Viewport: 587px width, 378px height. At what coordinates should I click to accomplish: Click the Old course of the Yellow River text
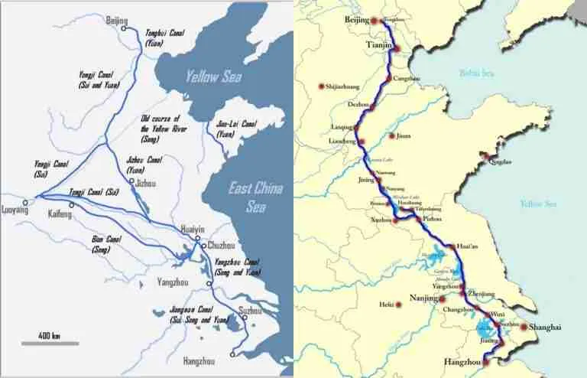[x=162, y=129]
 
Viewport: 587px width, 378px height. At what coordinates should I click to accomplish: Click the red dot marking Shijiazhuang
[x=321, y=87]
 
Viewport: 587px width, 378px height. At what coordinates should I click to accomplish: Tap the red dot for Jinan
[x=392, y=136]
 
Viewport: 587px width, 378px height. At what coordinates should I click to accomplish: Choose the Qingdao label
[x=497, y=161]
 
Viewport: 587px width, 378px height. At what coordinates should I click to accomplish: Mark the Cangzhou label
[x=406, y=79]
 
